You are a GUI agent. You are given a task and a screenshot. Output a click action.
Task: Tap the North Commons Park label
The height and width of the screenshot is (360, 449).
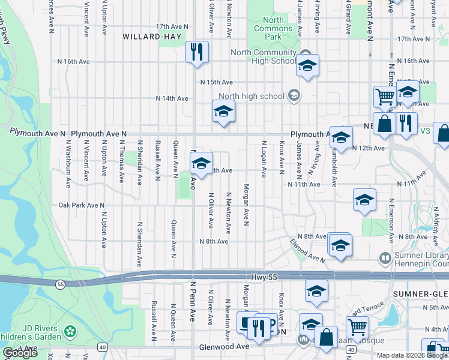[273, 28]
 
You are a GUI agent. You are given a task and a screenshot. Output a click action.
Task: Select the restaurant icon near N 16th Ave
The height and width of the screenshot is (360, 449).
[196, 52]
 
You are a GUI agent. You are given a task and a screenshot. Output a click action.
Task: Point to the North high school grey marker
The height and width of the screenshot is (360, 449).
[294, 95]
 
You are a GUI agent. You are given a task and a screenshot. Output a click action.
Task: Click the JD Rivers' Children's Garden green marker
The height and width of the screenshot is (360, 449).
[71, 331]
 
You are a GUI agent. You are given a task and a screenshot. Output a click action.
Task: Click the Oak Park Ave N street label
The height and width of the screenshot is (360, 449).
[81, 205]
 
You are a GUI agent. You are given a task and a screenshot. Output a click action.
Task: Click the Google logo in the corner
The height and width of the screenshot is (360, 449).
[20, 353]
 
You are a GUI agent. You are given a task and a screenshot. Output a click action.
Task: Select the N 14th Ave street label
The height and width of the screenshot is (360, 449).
[172, 98]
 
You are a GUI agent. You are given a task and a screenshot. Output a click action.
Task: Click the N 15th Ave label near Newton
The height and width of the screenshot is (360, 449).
[216, 82]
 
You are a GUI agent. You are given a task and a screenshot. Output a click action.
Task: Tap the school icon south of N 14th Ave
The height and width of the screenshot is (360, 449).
[223, 111]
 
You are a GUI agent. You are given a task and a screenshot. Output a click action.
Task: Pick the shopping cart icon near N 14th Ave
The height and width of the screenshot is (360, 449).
[385, 96]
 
